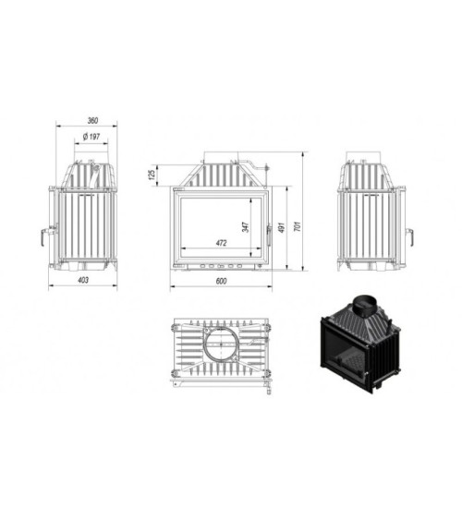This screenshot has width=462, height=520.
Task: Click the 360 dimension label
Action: point(91,120)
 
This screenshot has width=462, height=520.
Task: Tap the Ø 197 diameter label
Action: point(91,138)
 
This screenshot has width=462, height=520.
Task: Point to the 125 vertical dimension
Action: point(150,174)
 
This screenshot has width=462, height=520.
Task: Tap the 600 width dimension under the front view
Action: point(222,282)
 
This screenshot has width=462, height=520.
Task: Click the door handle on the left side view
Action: point(42,236)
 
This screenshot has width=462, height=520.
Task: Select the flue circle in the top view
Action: point(221,345)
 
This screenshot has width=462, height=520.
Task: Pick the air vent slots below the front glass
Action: point(222,267)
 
